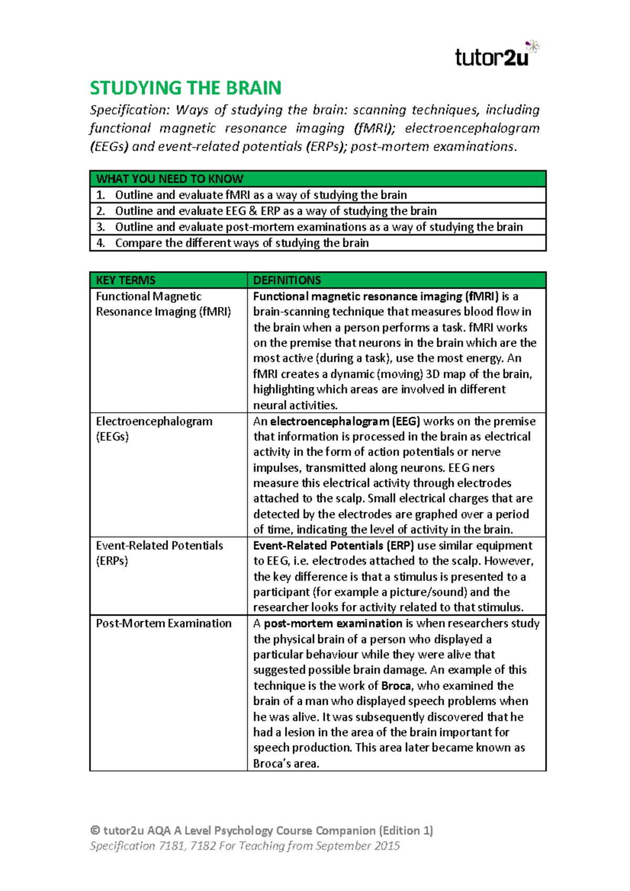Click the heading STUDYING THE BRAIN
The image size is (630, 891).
(x=185, y=88)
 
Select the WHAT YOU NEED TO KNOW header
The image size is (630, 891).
(x=169, y=179)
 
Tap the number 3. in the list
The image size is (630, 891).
(x=101, y=227)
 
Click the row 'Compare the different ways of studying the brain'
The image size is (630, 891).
(x=241, y=243)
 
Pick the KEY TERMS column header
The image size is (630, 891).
(x=125, y=280)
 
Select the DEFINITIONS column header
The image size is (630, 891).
(x=287, y=280)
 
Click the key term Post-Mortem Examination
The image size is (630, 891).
(x=163, y=623)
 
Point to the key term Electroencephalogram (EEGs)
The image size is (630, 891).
(x=154, y=429)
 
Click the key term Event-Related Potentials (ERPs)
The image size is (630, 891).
(x=159, y=553)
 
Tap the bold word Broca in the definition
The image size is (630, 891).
(x=396, y=686)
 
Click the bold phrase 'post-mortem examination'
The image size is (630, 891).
(x=333, y=623)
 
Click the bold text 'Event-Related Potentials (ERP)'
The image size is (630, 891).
(x=333, y=546)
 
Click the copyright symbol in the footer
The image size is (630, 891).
(x=95, y=831)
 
